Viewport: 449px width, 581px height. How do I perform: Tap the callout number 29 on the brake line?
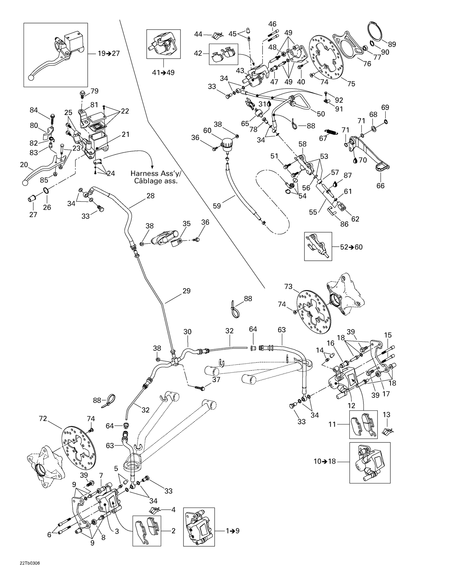186,291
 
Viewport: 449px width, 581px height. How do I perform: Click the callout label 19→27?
109,54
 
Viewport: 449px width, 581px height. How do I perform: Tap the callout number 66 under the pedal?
380,186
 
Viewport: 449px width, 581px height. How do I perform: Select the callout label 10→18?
325,461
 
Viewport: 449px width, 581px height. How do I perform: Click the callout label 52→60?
351,247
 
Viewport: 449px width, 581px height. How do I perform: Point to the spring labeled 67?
332,132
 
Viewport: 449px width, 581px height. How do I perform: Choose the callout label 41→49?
163,73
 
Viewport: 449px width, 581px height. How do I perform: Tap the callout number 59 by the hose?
217,206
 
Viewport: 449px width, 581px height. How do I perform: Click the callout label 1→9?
233,531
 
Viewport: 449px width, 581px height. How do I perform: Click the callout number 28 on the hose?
151,196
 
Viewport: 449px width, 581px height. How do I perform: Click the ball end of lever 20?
25,183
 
